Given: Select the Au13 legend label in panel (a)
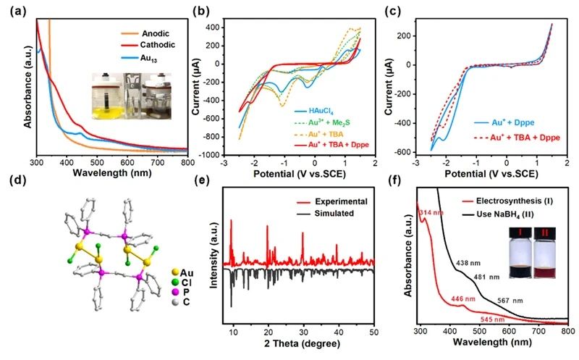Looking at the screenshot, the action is (x=148, y=58).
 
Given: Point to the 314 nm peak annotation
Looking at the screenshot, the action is (x=431, y=213).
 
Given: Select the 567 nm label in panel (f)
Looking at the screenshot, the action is (x=510, y=301).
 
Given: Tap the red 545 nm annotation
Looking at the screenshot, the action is (x=492, y=319).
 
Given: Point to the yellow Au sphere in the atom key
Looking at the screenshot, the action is (x=175, y=273).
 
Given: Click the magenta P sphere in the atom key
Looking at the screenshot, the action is (x=175, y=292).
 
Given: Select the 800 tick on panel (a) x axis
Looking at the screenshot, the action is (x=187, y=162).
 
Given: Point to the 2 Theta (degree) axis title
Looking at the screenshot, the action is (x=302, y=344).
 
